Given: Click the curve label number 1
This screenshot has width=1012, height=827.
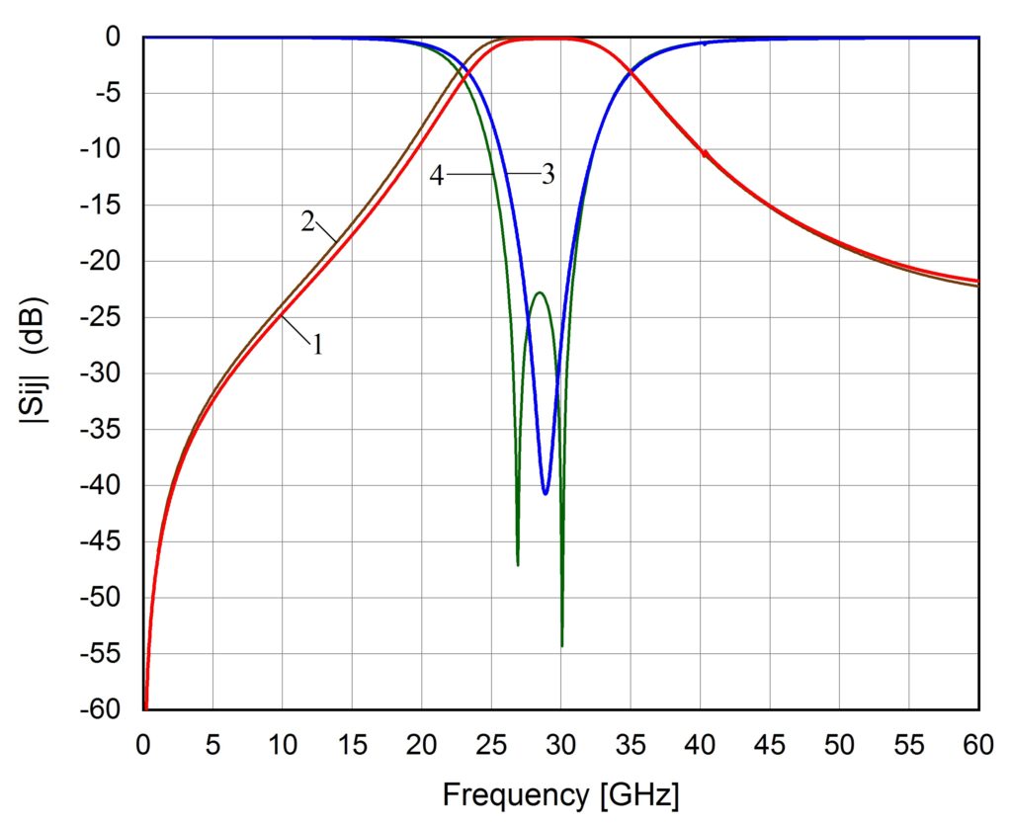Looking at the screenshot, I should coord(318,345).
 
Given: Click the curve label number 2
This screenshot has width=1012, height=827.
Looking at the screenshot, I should coord(307,220).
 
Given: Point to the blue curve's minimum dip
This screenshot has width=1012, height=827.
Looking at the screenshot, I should coord(546,492).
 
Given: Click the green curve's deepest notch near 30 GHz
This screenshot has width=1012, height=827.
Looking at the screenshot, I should coord(561,644).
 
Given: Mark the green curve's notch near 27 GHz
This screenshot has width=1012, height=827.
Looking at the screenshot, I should coord(518,564).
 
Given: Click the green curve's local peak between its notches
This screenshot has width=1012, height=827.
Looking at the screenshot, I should coord(539,293).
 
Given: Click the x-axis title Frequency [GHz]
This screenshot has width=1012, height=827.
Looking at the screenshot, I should coord(560,793).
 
